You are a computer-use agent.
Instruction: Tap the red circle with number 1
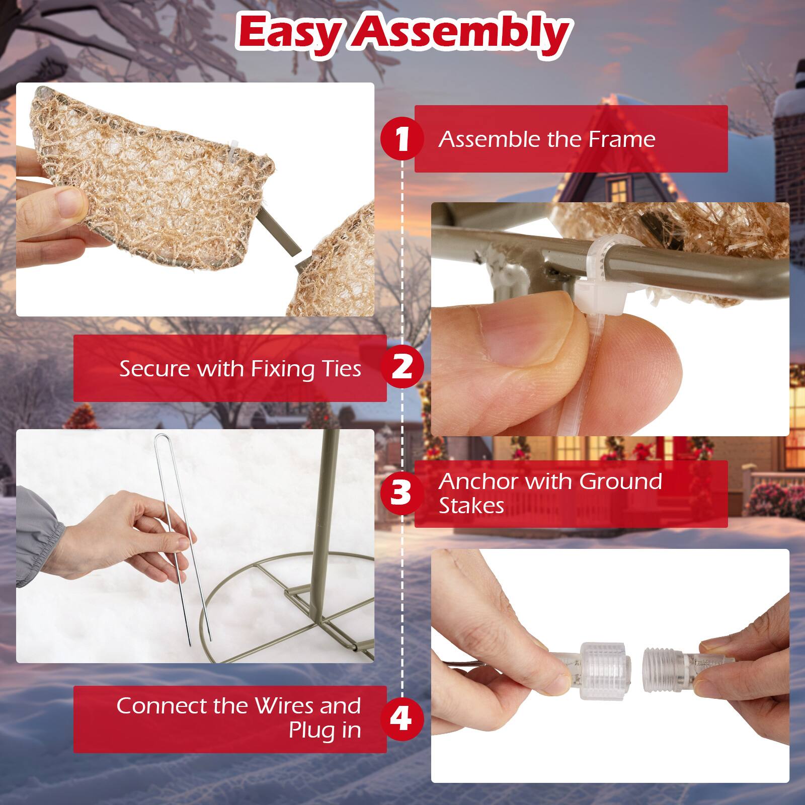pos(401,139)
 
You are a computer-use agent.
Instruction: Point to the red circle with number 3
pos(401,493)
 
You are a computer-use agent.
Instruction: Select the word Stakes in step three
pos(471,506)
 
